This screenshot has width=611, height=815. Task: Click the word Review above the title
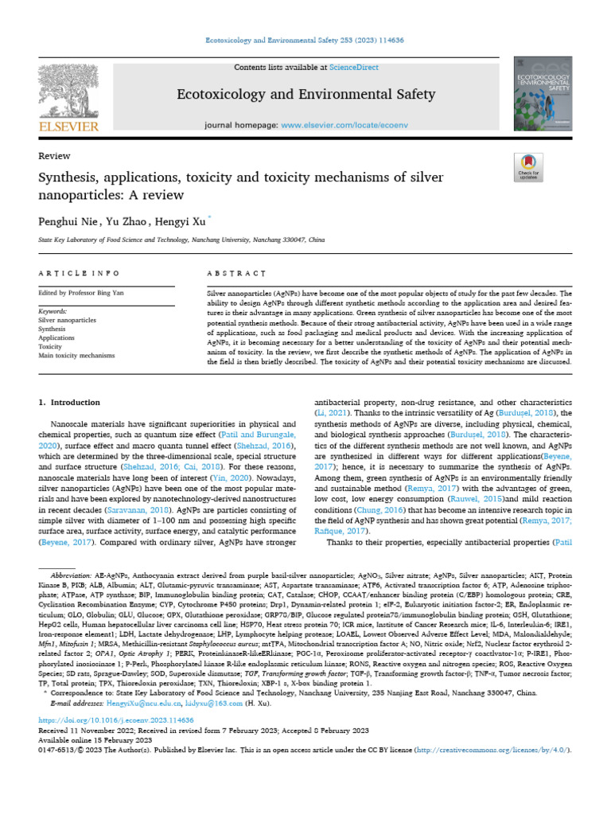[x=54, y=156]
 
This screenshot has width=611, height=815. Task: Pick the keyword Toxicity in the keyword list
[x=50, y=346]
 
